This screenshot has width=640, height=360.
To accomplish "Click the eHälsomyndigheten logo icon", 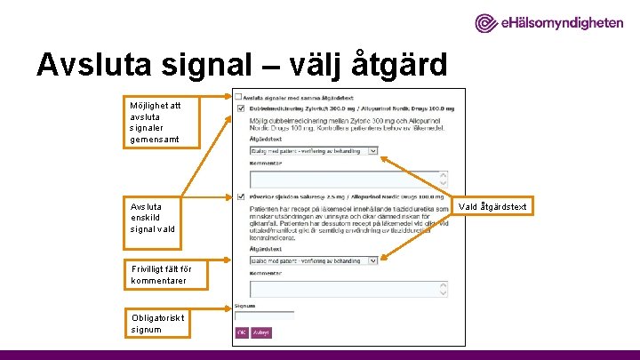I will (x=488, y=23).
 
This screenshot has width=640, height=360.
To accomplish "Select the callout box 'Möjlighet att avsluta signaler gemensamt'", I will (x=156, y=122).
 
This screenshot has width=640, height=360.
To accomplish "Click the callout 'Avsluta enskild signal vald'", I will (x=156, y=216).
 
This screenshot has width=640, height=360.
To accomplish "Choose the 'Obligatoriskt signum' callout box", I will (x=156, y=324).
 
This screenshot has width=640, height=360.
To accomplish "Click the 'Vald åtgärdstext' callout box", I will (x=492, y=207).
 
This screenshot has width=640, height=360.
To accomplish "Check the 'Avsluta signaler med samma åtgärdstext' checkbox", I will (x=238, y=96).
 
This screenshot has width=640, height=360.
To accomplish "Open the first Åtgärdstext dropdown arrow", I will (x=372, y=151).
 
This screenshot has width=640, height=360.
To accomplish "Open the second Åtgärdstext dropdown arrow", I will (x=372, y=260).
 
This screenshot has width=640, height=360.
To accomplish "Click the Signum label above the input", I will (x=244, y=306).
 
